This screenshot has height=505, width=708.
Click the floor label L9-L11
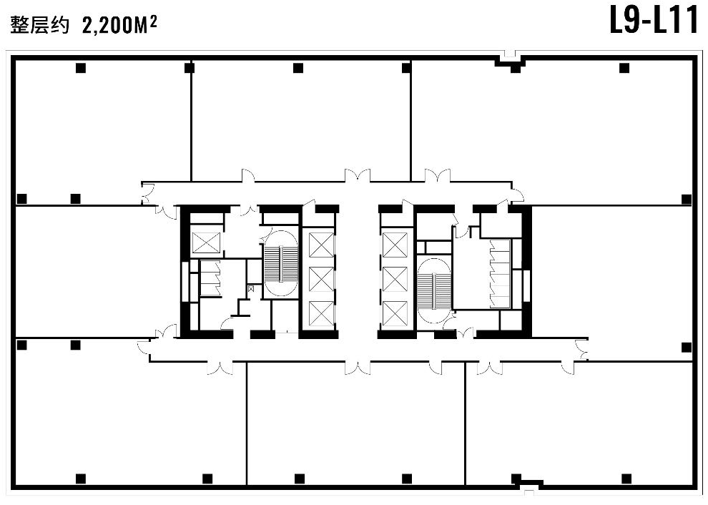click(654, 21)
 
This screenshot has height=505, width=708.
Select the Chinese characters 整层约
click(40, 25)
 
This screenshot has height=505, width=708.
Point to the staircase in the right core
click(434, 290)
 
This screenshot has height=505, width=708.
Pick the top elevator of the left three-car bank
click(320, 245)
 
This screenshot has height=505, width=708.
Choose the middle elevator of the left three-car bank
click(320, 280)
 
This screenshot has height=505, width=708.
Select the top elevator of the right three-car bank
click(395, 245)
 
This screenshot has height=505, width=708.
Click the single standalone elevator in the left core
click(205, 242)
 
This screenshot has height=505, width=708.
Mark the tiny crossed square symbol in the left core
click(251, 288)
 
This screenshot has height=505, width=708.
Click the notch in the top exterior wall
click(509, 59)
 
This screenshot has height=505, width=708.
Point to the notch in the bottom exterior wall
click(529, 486)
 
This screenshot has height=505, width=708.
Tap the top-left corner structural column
click(81, 68)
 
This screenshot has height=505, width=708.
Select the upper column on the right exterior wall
click(687, 199)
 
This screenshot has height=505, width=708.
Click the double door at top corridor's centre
click(358, 176)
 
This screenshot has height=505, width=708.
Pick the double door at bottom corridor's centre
click(358, 367)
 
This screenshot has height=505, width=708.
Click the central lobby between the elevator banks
click(358, 271)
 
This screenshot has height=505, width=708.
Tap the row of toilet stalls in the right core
click(500, 274)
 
